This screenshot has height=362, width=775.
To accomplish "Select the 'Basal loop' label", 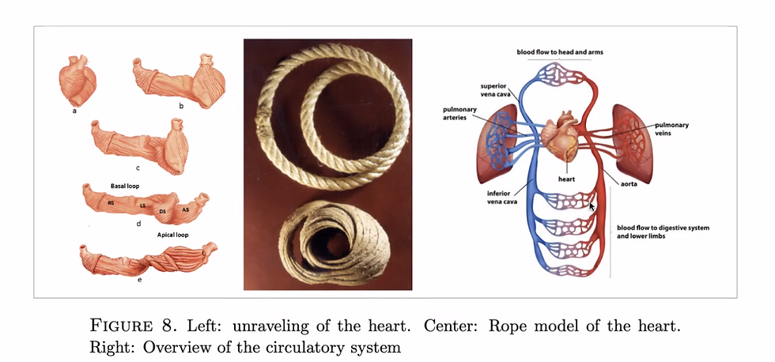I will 125,185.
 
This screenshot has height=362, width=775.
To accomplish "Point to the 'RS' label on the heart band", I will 110,204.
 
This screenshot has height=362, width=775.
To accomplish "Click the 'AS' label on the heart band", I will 185,209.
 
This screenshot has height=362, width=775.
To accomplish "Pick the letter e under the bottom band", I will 139,280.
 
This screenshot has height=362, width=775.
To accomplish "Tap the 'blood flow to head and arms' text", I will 561,51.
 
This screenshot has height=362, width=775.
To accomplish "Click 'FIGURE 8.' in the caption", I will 119,326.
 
